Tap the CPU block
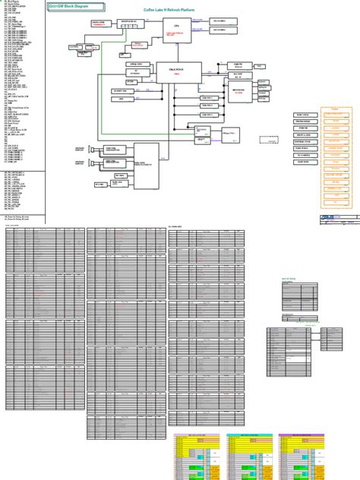pos(177,30)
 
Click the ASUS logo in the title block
pos(327,219)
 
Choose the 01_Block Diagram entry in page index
pos(14,3)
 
